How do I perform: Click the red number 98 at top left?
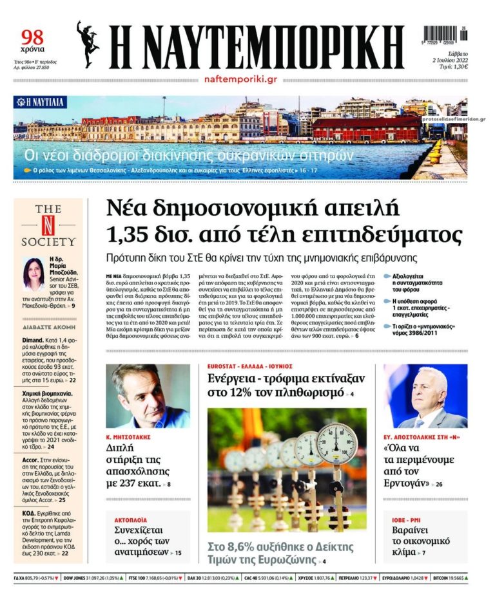[32, 38]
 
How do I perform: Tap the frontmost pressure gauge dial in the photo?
[336, 443]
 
